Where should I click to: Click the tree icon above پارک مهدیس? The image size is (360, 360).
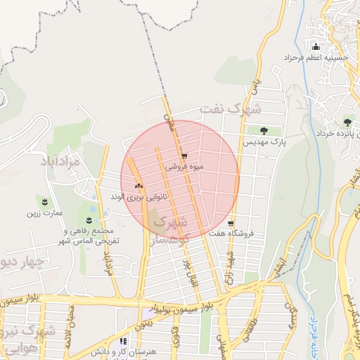pos(264,130)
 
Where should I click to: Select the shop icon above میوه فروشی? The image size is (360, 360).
pos(184,157)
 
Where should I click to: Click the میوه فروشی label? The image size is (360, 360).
pos(184,168)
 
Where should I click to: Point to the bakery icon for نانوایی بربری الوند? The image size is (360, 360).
pos(138,186)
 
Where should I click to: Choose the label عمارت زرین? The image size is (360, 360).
pos(46,212)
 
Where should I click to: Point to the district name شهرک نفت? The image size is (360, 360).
pos(230,109)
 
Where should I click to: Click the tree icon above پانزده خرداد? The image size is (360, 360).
pos(347,122)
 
